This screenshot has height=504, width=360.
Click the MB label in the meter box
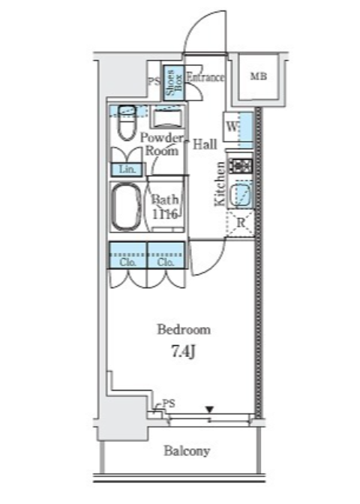259,76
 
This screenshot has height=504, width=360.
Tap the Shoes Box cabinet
174,82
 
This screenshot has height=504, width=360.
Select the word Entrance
205,77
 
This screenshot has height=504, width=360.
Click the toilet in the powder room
127,122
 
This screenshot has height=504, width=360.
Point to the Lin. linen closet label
127,169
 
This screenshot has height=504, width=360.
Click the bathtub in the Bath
126,207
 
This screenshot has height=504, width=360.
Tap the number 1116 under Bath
165,214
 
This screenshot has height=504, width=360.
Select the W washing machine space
232,127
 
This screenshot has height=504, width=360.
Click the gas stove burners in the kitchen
241,166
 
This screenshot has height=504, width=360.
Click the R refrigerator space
241,223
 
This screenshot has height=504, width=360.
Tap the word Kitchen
220,184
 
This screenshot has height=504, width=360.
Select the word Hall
205,144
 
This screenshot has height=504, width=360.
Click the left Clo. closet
128,255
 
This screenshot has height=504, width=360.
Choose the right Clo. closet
166,255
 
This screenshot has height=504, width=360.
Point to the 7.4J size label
183,352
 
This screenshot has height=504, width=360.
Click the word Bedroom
184,330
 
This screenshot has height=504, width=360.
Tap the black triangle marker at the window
209,409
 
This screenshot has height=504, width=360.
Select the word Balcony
187,451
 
